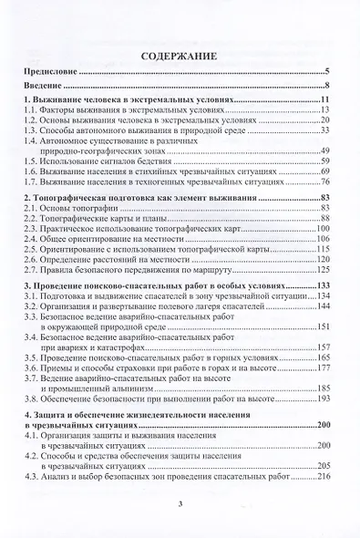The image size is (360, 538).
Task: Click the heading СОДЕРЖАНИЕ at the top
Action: point(180,57)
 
